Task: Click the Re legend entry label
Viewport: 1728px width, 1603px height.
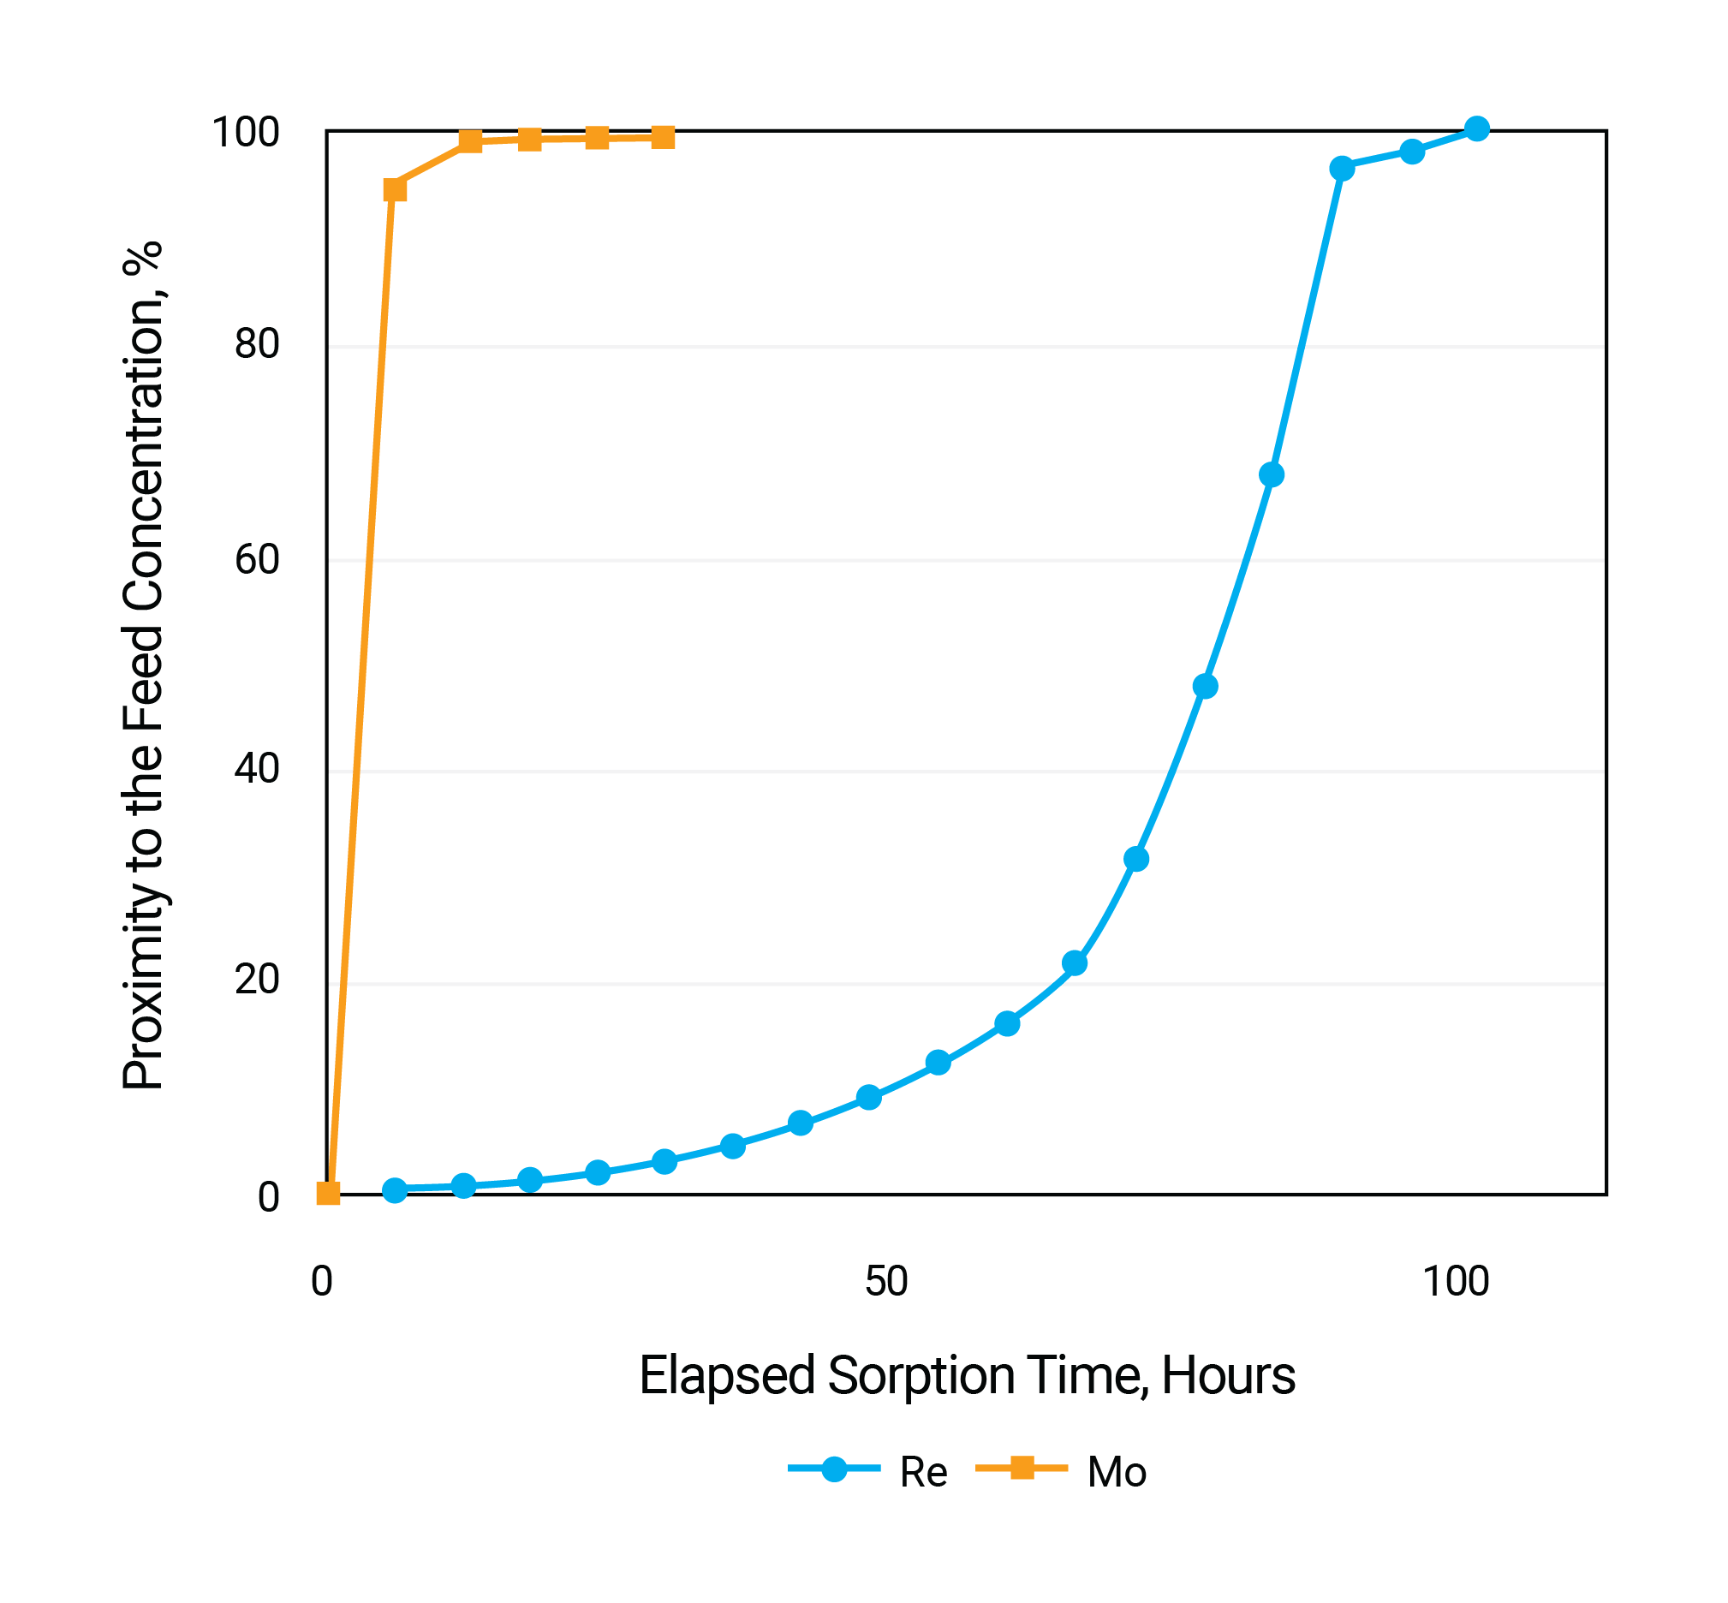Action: point(923,1473)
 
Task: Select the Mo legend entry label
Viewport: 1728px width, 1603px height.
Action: point(1117,1473)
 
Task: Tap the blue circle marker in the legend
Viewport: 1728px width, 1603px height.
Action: point(834,1469)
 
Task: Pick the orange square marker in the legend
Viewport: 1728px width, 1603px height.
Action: point(1022,1469)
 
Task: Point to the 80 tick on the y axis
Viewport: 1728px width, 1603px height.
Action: point(257,344)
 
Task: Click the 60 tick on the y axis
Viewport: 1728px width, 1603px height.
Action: point(257,559)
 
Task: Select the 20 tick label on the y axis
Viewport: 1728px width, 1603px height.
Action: point(257,980)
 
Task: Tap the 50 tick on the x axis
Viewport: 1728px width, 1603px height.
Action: point(885,1281)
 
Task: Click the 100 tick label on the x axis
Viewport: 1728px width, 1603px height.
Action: point(1456,1281)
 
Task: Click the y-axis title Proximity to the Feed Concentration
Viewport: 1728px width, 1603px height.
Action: point(143,665)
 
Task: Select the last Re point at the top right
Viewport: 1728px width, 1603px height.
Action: point(1476,129)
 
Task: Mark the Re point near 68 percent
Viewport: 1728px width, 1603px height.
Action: point(1271,474)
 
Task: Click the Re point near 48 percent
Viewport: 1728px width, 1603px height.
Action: point(1205,686)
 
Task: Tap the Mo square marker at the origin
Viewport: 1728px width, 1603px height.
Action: point(328,1193)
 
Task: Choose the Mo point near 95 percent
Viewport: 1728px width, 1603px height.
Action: point(395,190)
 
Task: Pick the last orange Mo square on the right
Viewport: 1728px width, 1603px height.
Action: point(663,137)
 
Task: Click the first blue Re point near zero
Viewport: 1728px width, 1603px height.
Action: point(395,1189)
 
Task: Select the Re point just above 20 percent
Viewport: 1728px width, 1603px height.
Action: point(1074,962)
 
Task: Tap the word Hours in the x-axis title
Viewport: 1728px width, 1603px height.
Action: point(1227,1376)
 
